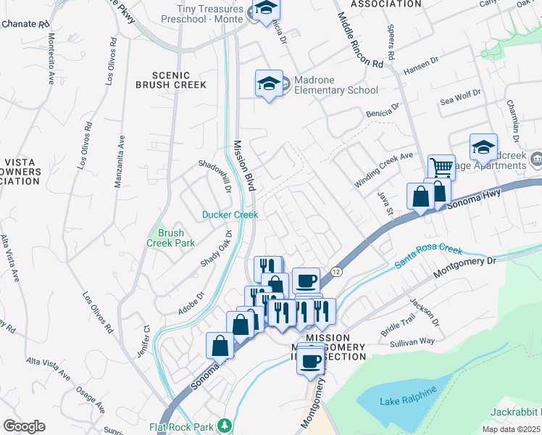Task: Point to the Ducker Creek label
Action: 230,215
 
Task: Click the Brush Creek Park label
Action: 172,239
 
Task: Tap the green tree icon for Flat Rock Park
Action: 225,426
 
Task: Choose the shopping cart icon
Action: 441,167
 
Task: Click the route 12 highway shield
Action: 337,270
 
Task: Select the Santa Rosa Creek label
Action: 428,257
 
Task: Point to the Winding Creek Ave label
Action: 383,170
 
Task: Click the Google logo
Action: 24,426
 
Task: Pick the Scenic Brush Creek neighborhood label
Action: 170,80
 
